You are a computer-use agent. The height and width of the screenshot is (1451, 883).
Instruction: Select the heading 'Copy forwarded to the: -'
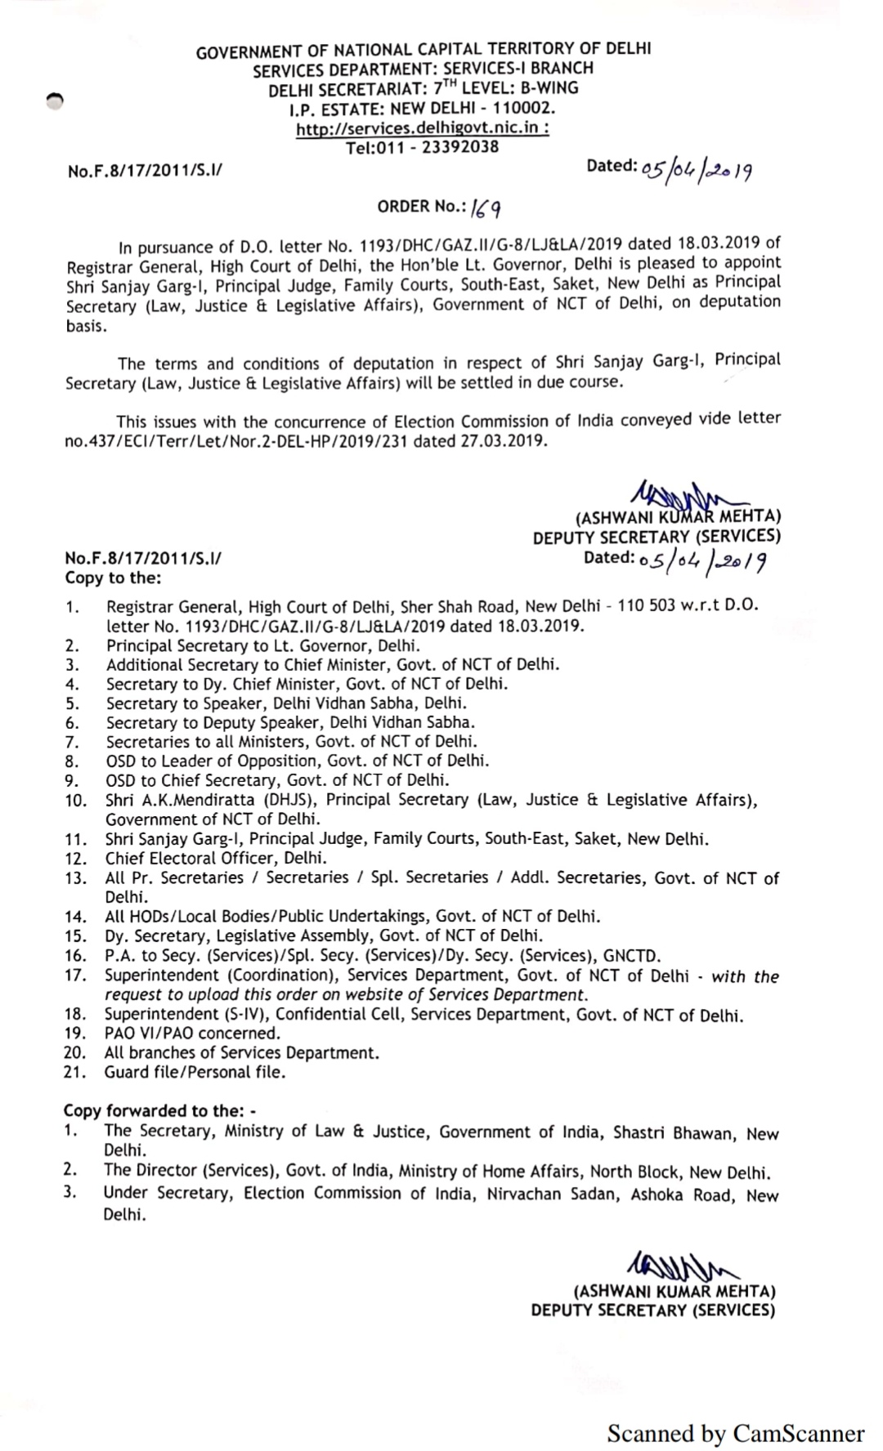pos(160,1111)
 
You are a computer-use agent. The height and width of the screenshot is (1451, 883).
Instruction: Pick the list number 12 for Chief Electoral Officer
pos(75,859)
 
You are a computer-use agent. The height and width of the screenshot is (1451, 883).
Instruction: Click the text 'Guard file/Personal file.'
pos(195,1073)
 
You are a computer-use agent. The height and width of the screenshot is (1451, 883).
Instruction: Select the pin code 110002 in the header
pos(524,109)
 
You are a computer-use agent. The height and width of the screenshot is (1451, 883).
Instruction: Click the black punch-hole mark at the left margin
pos(54,100)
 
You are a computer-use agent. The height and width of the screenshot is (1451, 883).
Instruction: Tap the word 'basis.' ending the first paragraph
pos(86,326)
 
